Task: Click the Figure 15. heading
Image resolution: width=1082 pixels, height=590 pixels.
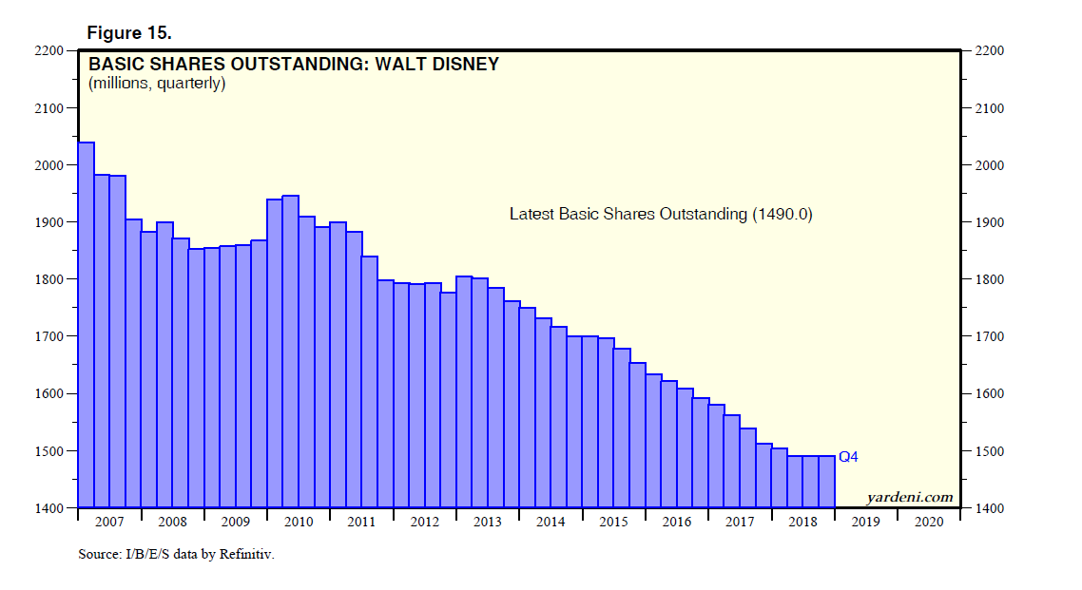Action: coord(129,32)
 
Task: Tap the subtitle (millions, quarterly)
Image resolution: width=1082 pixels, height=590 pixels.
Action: coord(157,84)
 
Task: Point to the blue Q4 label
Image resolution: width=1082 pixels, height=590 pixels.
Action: coord(848,457)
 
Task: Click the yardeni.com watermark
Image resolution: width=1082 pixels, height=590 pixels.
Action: coord(909,497)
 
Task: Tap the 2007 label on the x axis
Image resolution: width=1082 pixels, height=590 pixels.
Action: coord(109,522)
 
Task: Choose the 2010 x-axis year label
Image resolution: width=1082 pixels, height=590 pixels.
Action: coord(299,522)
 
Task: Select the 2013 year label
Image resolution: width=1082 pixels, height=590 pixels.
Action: coord(487,522)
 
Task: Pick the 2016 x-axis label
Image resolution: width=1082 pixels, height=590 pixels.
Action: coord(676,522)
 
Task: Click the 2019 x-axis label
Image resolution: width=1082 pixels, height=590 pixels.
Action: coord(865,522)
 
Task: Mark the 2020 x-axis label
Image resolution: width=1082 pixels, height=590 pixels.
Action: coord(928,522)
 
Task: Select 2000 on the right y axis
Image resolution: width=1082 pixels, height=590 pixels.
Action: coord(986,165)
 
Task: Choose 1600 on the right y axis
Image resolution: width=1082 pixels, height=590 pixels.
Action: coord(986,394)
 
